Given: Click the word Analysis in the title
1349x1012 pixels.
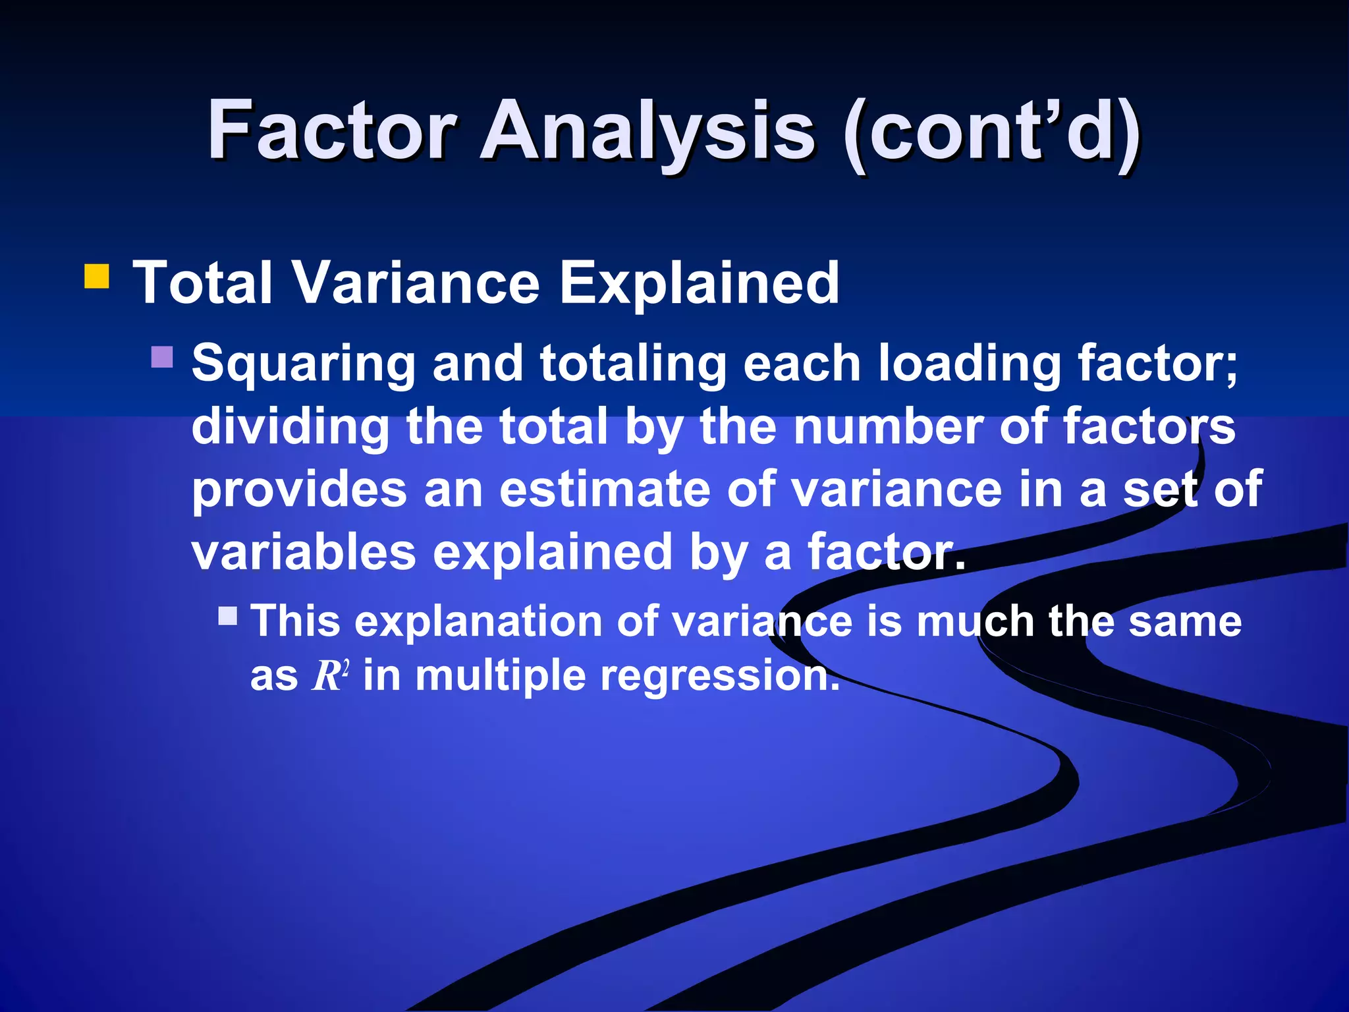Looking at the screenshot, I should pos(649,132).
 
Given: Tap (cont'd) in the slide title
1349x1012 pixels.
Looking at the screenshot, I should pos(991,132).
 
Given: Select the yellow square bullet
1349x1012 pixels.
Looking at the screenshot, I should pos(97,277).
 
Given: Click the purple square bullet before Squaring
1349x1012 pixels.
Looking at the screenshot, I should pos(162,357).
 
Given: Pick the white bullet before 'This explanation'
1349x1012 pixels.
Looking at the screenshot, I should pos(228,616).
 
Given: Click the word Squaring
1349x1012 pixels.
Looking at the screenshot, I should pos(303,364).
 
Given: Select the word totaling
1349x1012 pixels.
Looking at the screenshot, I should pos(633,364).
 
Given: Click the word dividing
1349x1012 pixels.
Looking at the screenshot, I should pos(290,426).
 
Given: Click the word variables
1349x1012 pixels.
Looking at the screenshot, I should pos(304,552).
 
